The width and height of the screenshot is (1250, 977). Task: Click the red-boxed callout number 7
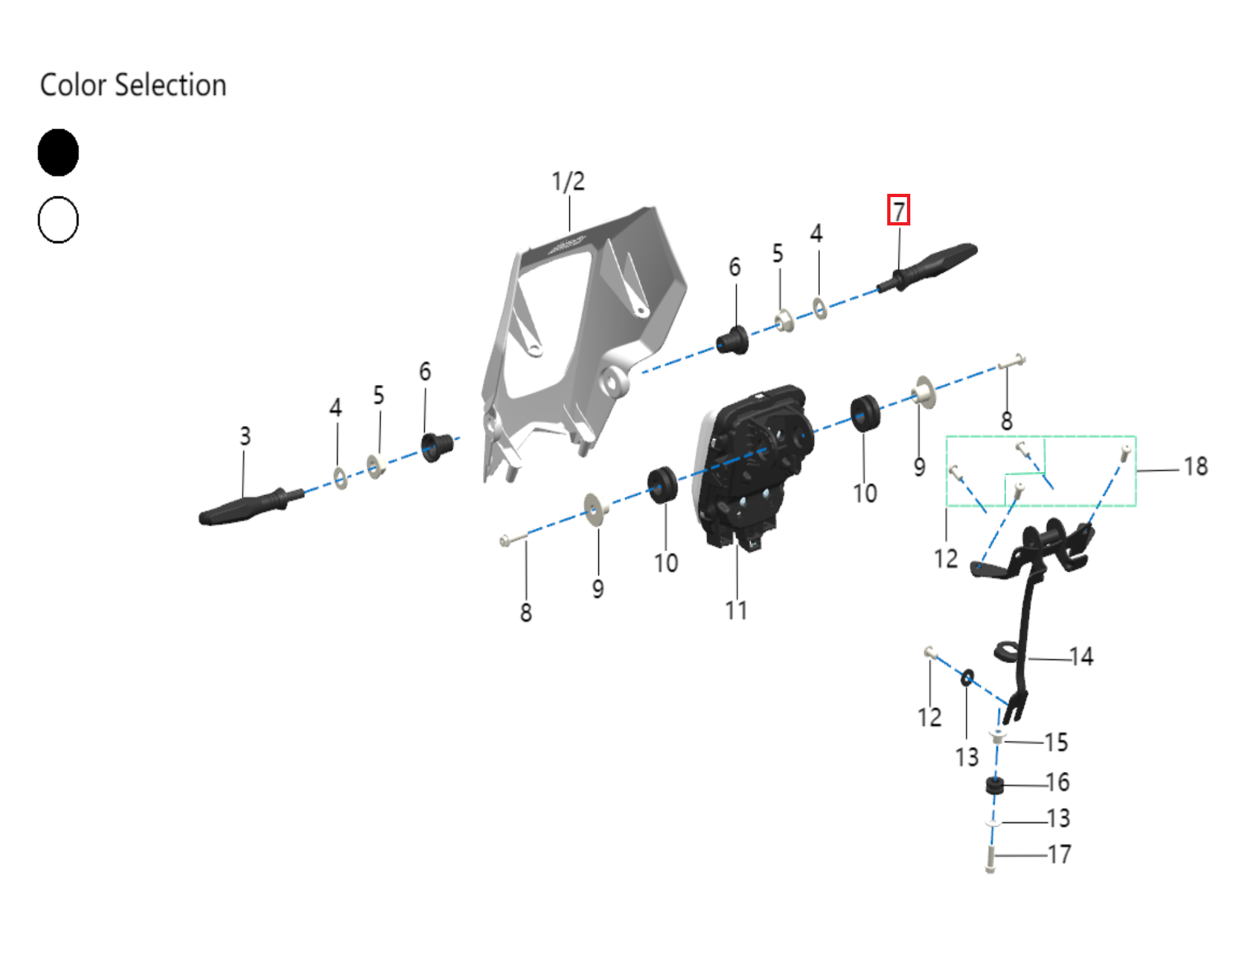(x=898, y=210)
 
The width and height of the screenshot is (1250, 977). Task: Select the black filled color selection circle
(x=58, y=152)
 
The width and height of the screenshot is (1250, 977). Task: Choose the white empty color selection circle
(x=58, y=220)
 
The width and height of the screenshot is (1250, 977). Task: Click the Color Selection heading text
(x=133, y=85)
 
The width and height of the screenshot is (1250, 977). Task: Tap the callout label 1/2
(x=568, y=181)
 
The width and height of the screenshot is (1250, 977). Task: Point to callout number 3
(x=245, y=436)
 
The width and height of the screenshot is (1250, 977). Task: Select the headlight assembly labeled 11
(x=752, y=461)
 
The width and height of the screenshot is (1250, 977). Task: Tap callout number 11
(x=736, y=610)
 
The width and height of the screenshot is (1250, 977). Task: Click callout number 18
(x=1195, y=467)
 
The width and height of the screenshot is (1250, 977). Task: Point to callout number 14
(x=1081, y=657)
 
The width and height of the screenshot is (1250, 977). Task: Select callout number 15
(x=1056, y=742)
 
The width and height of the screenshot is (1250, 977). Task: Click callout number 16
(x=1057, y=783)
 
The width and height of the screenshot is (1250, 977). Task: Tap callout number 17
(x=1059, y=854)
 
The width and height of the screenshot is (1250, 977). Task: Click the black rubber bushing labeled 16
(x=994, y=786)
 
